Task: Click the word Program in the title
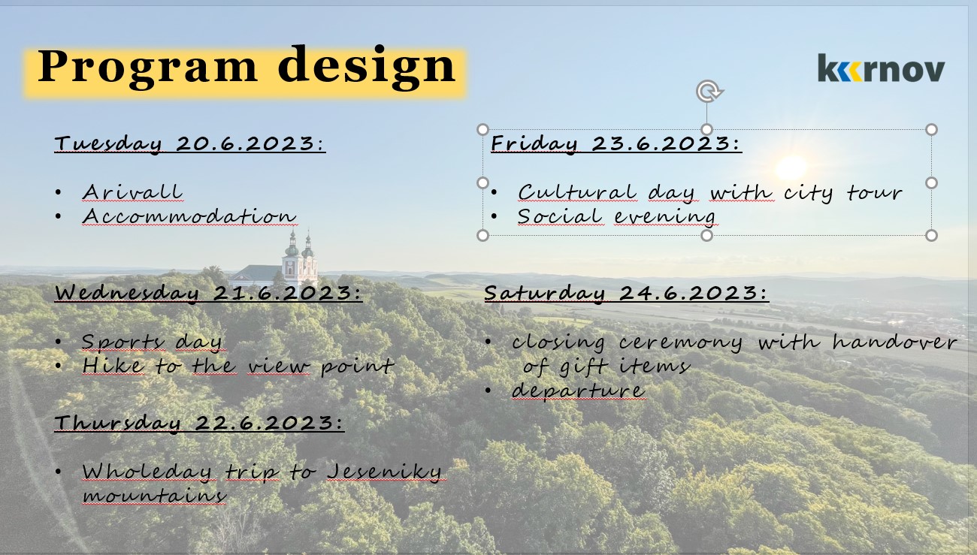tap(147, 66)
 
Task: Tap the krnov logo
tap(881, 68)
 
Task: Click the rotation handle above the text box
tap(709, 92)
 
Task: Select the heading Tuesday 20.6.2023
tap(190, 144)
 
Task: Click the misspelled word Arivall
tap(132, 192)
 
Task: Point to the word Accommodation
tap(189, 217)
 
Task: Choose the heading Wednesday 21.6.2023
tap(208, 293)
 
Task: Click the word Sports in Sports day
tap(123, 342)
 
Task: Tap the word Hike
tap(113, 366)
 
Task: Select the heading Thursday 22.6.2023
tap(199, 423)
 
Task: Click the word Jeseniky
tap(385, 472)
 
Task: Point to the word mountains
tap(154, 496)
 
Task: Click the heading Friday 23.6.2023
tap(616, 144)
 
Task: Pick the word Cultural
tap(577, 192)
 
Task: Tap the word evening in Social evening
tap(664, 217)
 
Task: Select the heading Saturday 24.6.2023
tap(626, 293)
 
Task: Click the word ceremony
tap(680, 343)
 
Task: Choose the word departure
tap(579, 391)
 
